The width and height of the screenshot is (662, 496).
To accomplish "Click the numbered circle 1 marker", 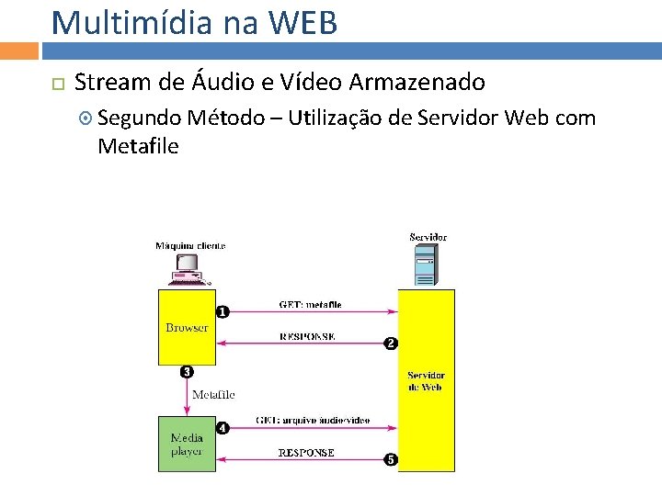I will click(x=222, y=312).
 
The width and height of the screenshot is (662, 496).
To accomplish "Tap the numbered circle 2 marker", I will click(x=390, y=344).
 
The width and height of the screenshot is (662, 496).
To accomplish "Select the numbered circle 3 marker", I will click(x=187, y=372).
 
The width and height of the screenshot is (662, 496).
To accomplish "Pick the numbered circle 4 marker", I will click(x=222, y=427).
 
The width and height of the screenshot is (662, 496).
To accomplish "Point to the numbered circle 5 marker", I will click(x=390, y=459).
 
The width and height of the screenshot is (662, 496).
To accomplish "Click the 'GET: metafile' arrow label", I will click(x=311, y=305).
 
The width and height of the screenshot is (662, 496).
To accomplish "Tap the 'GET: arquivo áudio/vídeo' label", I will click(x=313, y=421).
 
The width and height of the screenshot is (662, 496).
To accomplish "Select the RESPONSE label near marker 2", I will click(x=307, y=337).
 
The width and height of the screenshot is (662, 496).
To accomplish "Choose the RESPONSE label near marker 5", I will click(x=306, y=453).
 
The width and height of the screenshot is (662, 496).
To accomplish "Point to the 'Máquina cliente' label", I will click(x=190, y=245).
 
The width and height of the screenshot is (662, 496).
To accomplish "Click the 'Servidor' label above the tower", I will click(x=428, y=237).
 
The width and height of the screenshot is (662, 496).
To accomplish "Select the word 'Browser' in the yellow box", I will click(x=187, y=328).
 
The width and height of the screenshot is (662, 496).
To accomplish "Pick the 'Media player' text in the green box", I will click(x=187, y=445).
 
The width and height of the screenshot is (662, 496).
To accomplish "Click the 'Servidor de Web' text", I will click(x=426, y=381).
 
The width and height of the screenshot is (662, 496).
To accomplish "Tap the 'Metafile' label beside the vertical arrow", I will click(x=213, y=395).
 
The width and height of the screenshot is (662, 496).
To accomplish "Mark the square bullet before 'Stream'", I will click(x=57, y=84).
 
